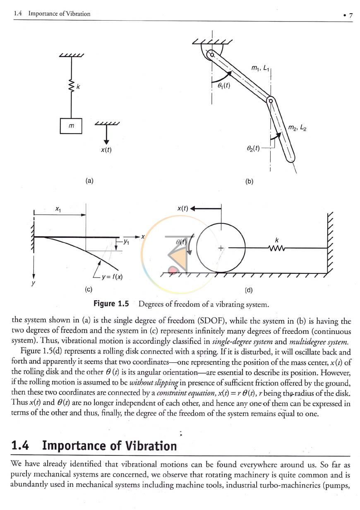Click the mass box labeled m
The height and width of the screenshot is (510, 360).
pyautogui.click(x=71, y=126)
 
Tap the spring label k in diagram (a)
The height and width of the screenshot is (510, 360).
pyautogui.click(x=78, y=87)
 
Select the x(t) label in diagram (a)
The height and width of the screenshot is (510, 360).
pyautogui.click(x=106, y=150)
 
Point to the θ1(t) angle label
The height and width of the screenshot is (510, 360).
pyautogui.click(x=224, y=85)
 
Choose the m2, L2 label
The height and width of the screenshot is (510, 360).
pyautogui.click(x=297, y=127)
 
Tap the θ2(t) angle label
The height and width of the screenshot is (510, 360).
pyautogui.click(x=253, y=148)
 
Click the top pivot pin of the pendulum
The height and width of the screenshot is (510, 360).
pyautogui.click(x=212, y=55)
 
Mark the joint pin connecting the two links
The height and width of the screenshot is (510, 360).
pyautogui.click(x=271, y=101)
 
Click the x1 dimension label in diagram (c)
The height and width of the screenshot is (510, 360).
pyautogui.click(x=58, y=208)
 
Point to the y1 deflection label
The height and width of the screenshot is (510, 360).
pyautogui.click(x=126, y=242)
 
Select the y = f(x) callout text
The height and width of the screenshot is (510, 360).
pyautogui.click(x=112, y=277)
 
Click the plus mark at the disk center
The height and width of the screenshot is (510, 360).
pyautogui.click(x=221, y=248)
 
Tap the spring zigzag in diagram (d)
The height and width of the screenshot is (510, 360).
pyautogui.click(x=277, y=248)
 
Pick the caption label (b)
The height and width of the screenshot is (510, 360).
pyautogui.click(x=249, y=181)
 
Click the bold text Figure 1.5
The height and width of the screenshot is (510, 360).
pyautogui.click(x=111, y=304)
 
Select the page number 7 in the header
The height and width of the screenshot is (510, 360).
pyautogui.click(x=350, y=15)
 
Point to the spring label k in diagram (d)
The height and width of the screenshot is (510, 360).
pyautogui.click(x=277, y=240)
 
